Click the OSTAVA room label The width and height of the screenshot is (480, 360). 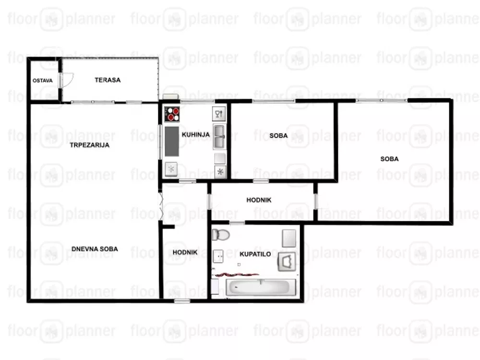(x=43, y=81)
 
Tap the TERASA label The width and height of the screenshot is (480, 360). (x=108, y=80)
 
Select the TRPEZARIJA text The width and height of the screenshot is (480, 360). (x=89, y=145)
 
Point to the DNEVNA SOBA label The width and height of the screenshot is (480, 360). (x=95, y=249)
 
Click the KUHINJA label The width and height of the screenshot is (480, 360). (x=196, y=134)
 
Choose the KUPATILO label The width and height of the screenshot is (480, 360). (x=255, y=254)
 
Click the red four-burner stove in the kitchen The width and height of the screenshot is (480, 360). (x=172, y=114)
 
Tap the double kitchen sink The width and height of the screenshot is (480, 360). (x=219, y=137)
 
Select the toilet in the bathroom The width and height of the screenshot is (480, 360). (x=221, y=235)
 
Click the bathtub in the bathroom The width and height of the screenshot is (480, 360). (x=261, y=287)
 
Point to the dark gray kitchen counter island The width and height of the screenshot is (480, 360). (x=172, y=142)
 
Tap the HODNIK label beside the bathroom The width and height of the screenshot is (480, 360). (x=185, y=252)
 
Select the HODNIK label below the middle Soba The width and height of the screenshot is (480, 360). (x=259, y=200)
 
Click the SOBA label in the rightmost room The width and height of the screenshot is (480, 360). (x=389, y=159)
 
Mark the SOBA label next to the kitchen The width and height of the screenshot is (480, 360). (x=278, y=136)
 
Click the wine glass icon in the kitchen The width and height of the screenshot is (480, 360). (x=218, y=114)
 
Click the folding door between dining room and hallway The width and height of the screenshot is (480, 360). (x=161, y=204)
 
